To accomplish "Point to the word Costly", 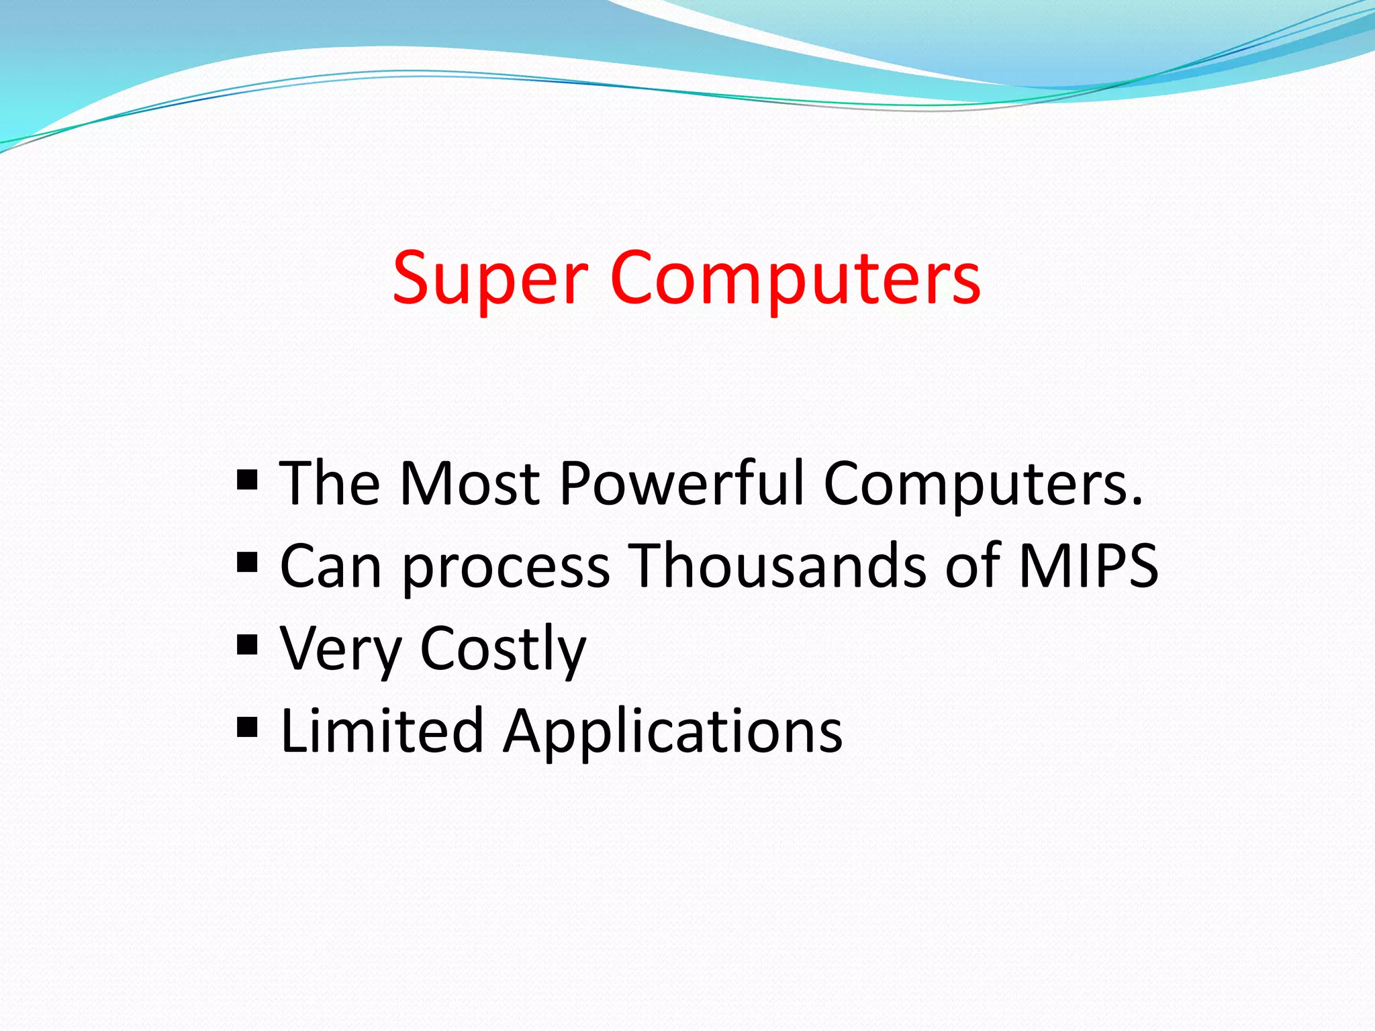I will tap(503, 650).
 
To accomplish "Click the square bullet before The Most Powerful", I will tap(248, 481).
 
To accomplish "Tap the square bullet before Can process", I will tap(248, 562).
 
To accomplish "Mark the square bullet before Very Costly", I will tap(248, 645).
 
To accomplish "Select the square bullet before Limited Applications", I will tap(248, 727).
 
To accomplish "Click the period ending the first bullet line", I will tap(1136, 502).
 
